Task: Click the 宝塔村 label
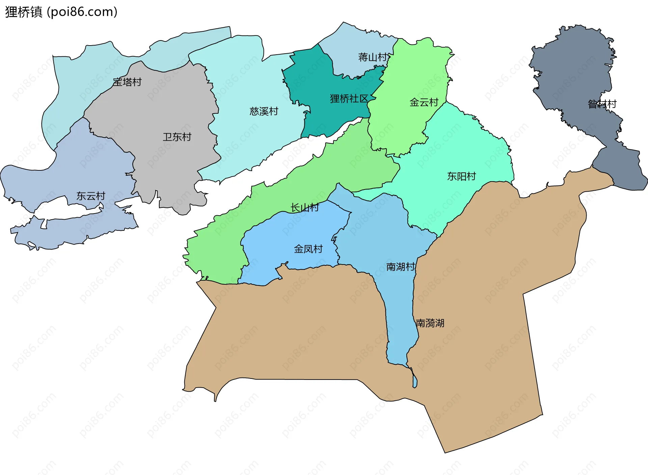coord(127,82)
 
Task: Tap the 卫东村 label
coord(177,137)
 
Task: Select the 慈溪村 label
coord(264,111)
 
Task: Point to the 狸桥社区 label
coord(349,99)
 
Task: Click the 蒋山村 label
coord(373,57)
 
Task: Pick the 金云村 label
coord(424,102)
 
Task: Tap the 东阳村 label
coord(461,176)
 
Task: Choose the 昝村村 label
coord(602,104)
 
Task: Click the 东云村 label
coord(90,196)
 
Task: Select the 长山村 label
coord(304,207)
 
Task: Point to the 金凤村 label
coord(308,249)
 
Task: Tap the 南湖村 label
coord(400,267)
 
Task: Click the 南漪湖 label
coord(430,323)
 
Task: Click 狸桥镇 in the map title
coord(24,12)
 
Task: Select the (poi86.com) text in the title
coord(82,12)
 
